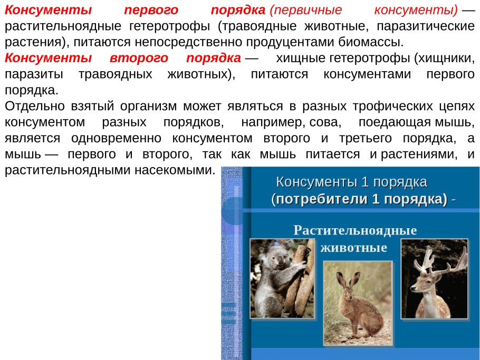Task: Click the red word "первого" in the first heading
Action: click(x=151, y=11)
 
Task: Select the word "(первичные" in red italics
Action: click(x=305, y=11)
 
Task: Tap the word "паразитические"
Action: click(x=426, y=26)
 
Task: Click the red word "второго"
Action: click(x=139, y=58)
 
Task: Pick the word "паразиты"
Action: click(x=34, y=74)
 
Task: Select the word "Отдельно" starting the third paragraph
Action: click(x=35, y=106)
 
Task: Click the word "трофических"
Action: click(x=393, y=106)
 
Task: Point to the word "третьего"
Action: click(x=366, y=138)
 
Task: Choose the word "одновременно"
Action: click(x=117, y=138)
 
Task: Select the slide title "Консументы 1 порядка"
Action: click(x=351, y=182)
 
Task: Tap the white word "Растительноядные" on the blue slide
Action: click(x=355, y=230)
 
